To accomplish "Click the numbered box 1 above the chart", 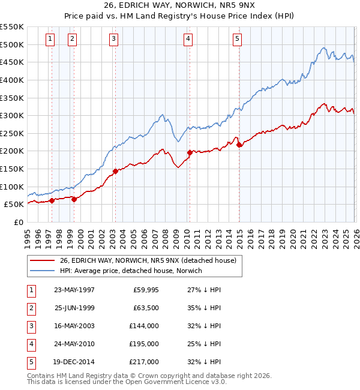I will coord(49,39).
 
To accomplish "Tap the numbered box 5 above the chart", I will coord(238,39).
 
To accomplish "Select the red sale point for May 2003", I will coord(115,171).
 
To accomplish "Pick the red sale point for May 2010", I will coord(190,152).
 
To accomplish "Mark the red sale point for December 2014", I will coord(239,145).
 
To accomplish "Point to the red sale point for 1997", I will coord(52,200).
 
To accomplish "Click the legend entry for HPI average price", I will coord(131,271).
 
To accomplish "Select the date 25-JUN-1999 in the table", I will coord(75,308).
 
